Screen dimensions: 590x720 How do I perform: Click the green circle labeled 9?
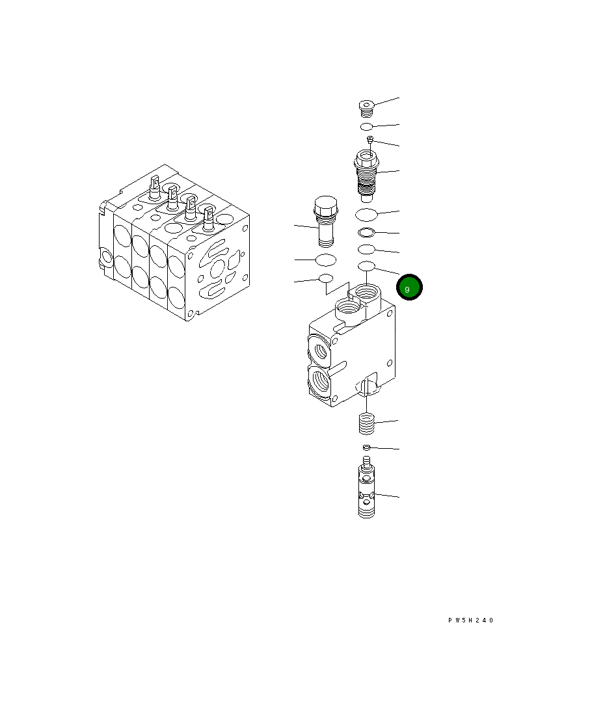(409, 287)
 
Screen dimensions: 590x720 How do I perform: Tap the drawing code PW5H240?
(470, 620)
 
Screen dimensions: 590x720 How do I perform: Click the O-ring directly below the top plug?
(366, 127)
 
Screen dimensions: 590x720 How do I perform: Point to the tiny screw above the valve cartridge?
(369, 140)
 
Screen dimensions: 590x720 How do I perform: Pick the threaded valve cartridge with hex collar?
(366, 176)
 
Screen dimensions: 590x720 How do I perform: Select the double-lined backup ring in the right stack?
(366, 232)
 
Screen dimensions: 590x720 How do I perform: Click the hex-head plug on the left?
(325, 221)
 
